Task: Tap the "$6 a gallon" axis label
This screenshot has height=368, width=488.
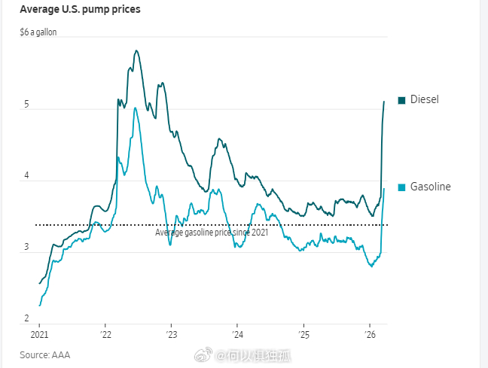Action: [x=38, y=32]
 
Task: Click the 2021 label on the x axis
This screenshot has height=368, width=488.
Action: [x=39, y=335]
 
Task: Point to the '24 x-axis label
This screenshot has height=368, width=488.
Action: [x=237, y=335]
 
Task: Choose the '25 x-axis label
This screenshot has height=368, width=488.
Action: [x=303, y=335]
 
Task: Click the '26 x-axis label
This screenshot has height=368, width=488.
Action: [x=370, y=335]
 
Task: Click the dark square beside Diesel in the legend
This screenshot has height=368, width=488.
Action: [x=401, y=100]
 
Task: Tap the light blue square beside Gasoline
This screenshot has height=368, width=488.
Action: [x=401, y=187]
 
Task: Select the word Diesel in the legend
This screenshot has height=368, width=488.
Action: [x=424, y=100]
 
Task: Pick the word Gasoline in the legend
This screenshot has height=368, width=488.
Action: [x=430, y=187]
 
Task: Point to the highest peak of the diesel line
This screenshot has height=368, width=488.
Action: [x=136, y=51]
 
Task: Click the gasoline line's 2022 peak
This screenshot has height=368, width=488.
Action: [x=135, y=108]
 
